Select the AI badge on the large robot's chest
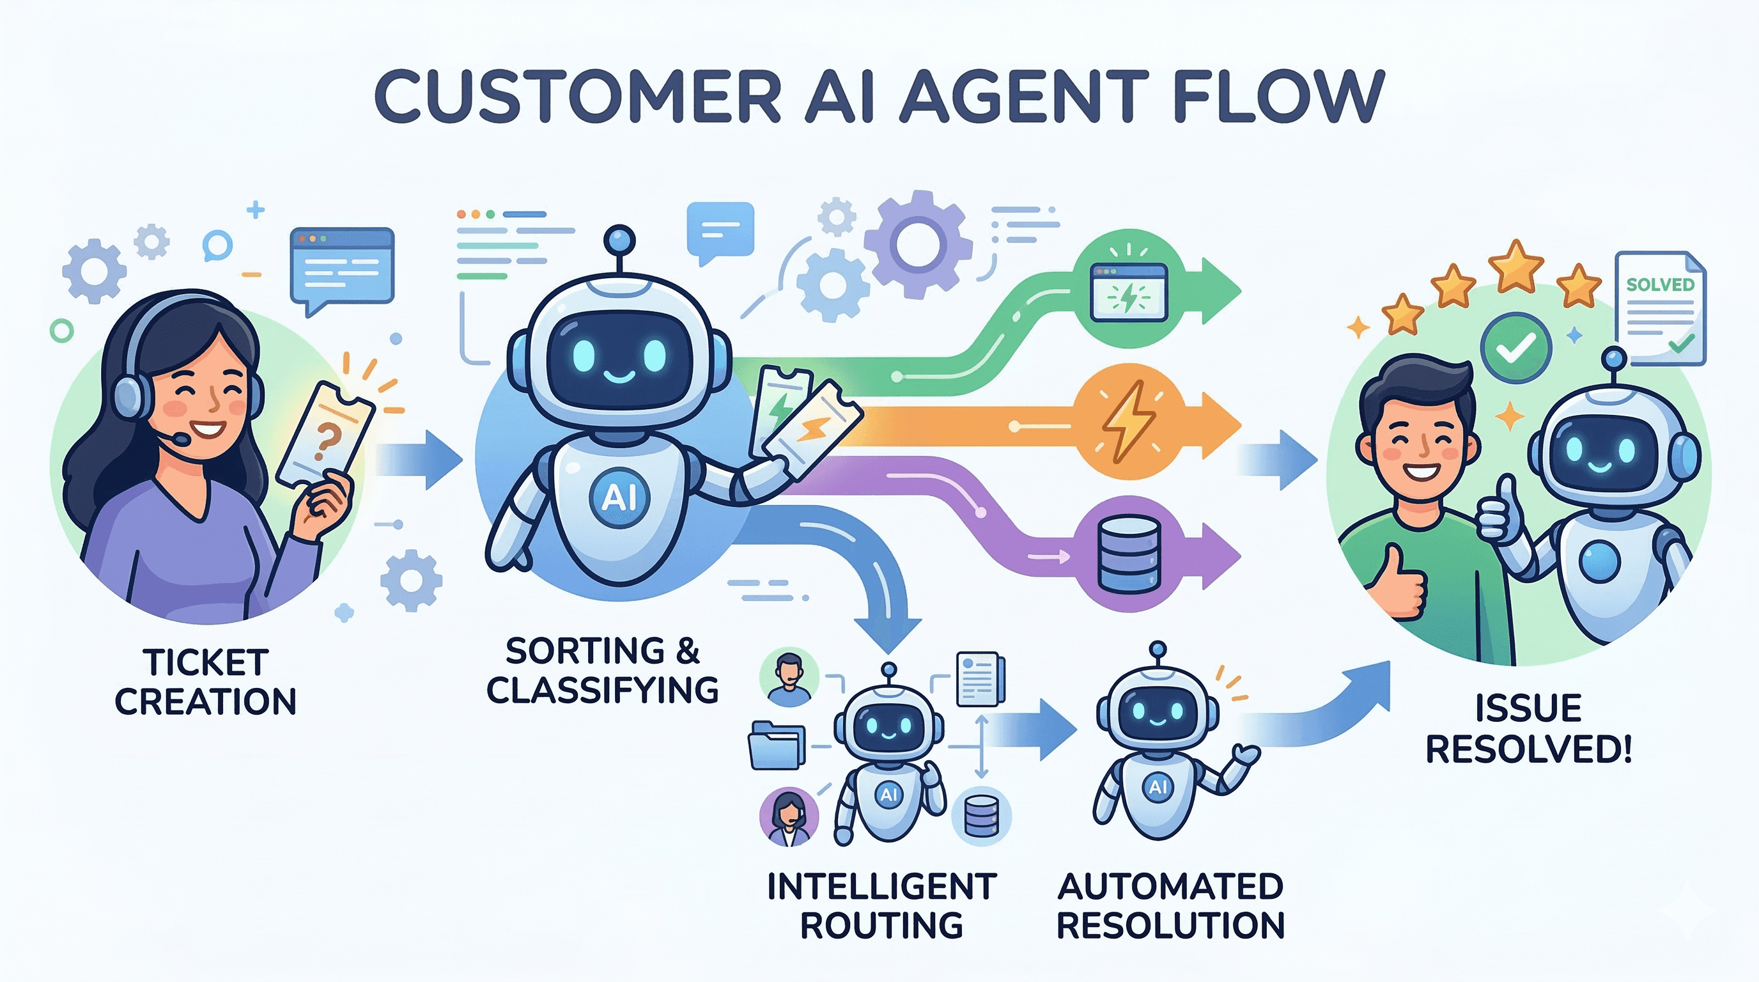coord(619,497)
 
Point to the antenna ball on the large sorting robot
coord(619,240)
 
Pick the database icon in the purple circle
coord(1129,554)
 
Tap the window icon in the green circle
coord(1129,292)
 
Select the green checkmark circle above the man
coord(1515,348)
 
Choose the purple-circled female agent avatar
coord(789,817)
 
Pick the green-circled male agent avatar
coord(789,677)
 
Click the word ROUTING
coord(881,926)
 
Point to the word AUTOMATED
coord(1170,886)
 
